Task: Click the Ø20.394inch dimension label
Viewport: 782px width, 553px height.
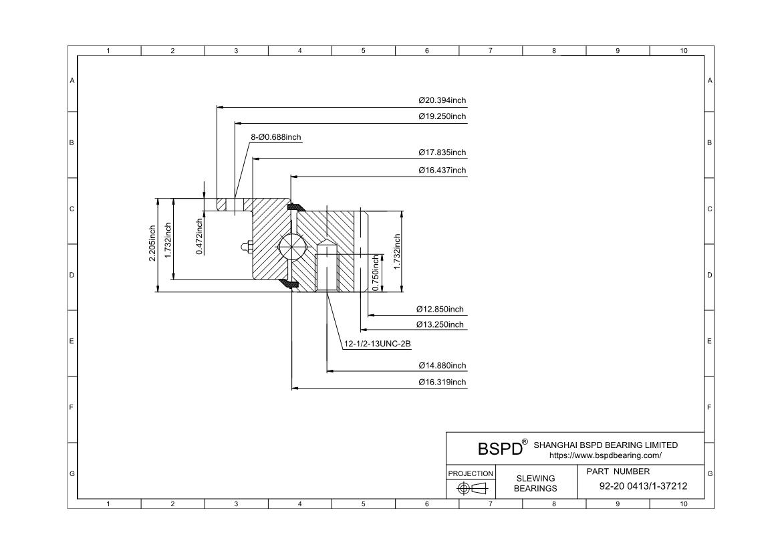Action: coord(442,100)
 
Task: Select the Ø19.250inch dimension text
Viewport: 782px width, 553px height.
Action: coord(442,116)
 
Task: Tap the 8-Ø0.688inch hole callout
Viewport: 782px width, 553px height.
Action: coord(276,137)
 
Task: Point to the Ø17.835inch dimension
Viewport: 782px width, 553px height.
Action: coord(442,152)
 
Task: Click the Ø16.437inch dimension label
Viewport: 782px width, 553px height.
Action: coord(442,171)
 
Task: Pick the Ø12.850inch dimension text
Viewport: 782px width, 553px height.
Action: coord(440,310)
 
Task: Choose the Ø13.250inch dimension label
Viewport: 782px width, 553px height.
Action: coord(440,324)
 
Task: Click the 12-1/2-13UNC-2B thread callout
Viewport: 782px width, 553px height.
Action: coord(377,344)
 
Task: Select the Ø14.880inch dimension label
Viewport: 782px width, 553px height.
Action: coord(442,366)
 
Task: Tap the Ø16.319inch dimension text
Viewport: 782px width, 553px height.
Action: coord(442,382)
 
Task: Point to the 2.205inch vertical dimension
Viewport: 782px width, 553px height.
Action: coord(152,243)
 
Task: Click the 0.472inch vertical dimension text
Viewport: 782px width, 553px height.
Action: coord(199,236)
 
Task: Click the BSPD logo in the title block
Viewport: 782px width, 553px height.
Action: coord(500,449)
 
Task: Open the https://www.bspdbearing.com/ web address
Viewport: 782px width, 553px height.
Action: coord(605,455)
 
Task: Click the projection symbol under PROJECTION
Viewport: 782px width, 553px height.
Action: coord(471,489)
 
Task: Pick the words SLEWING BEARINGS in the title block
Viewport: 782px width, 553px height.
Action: coord(535,483)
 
